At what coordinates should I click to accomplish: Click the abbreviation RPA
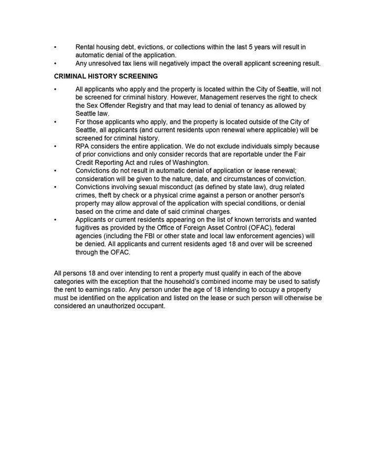[x=84, y=146]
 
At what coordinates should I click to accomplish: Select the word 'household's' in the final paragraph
[x=181, y=282]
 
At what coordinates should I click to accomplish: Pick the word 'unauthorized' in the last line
[x=120, y=306]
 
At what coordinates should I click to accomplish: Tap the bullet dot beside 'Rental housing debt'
[x=55, y=47]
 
